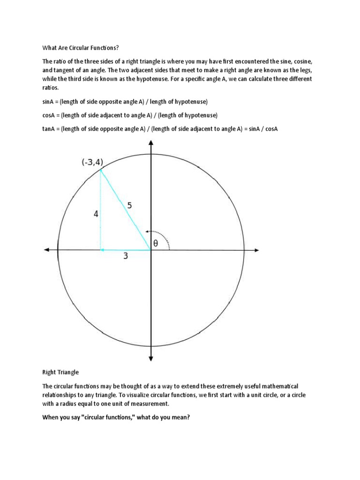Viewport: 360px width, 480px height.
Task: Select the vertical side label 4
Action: pos(96,214)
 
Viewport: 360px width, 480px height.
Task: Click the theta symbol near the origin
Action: pos(156,243)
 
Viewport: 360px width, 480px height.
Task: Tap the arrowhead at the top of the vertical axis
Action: pos(150,142)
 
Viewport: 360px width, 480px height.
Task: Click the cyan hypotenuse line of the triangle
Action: pos(126,210)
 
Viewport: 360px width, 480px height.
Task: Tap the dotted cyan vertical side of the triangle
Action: pos(101,211)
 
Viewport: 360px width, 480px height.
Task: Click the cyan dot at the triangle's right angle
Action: pos(103,250)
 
